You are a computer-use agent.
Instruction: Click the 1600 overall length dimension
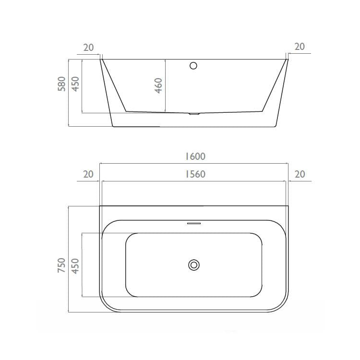[195, 156]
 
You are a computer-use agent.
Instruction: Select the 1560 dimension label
[195, 174]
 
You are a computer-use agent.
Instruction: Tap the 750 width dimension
[61, 265]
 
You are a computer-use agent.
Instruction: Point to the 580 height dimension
[61, 84]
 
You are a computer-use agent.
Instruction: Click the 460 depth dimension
[158, 85]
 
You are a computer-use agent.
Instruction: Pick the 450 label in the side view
[75, 84]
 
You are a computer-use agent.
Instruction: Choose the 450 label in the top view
[75, 266]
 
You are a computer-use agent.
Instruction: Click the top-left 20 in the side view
[88, 48]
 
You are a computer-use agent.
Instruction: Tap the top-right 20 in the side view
[300, 47]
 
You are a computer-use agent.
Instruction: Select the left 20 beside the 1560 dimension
[88, 174]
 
